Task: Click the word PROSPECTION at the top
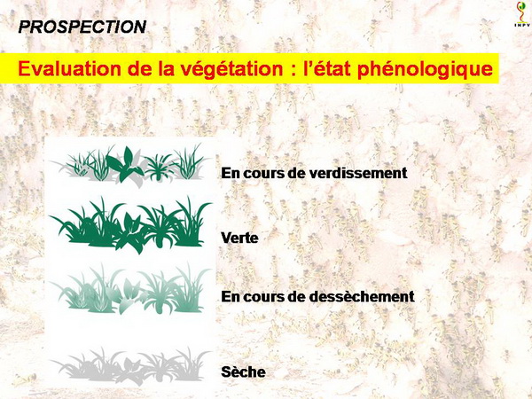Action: [x=82, y=27]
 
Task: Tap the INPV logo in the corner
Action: [x=520, y=14]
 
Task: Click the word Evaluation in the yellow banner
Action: [x=69, y=68]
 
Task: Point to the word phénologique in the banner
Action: [x=425, y=69]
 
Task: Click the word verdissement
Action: [x=358, y=173]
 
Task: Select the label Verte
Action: [x=239, y=238]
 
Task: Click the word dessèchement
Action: [x=362, y=296]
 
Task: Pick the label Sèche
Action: [x=243, y=372]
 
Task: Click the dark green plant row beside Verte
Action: [x=130, y=224]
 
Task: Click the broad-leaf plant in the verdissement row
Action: [x=126, y=165]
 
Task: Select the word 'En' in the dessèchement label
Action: [x=231, y=296]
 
